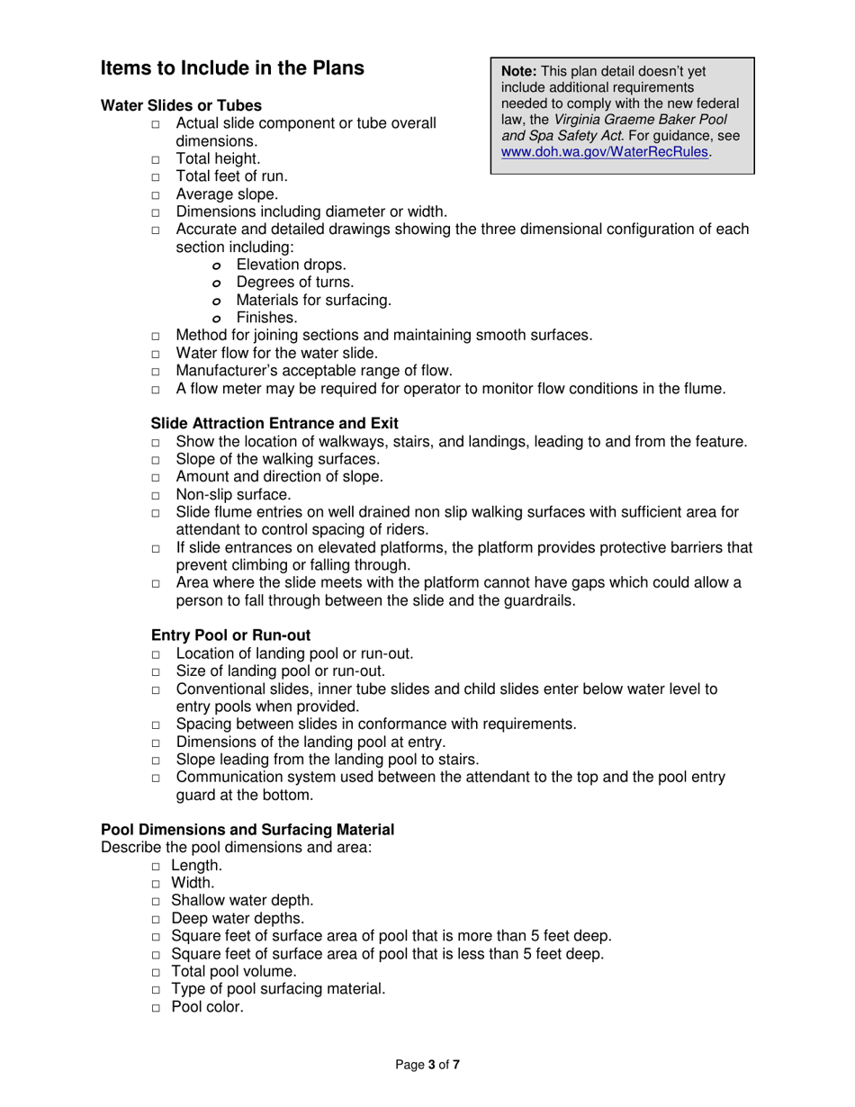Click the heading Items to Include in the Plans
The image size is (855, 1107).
232,67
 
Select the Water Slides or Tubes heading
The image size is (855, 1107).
181,106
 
